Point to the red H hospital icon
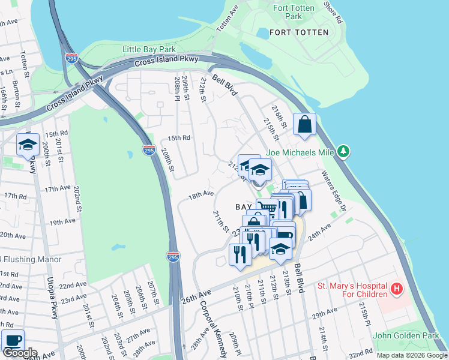(x=396, y=290)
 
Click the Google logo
(x=20, y=353)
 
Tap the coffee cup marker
(x=13, y=340)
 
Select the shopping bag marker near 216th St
(x=305, y=124)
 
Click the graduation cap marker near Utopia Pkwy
(x=28, y=145)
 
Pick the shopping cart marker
(x=267, y=209)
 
